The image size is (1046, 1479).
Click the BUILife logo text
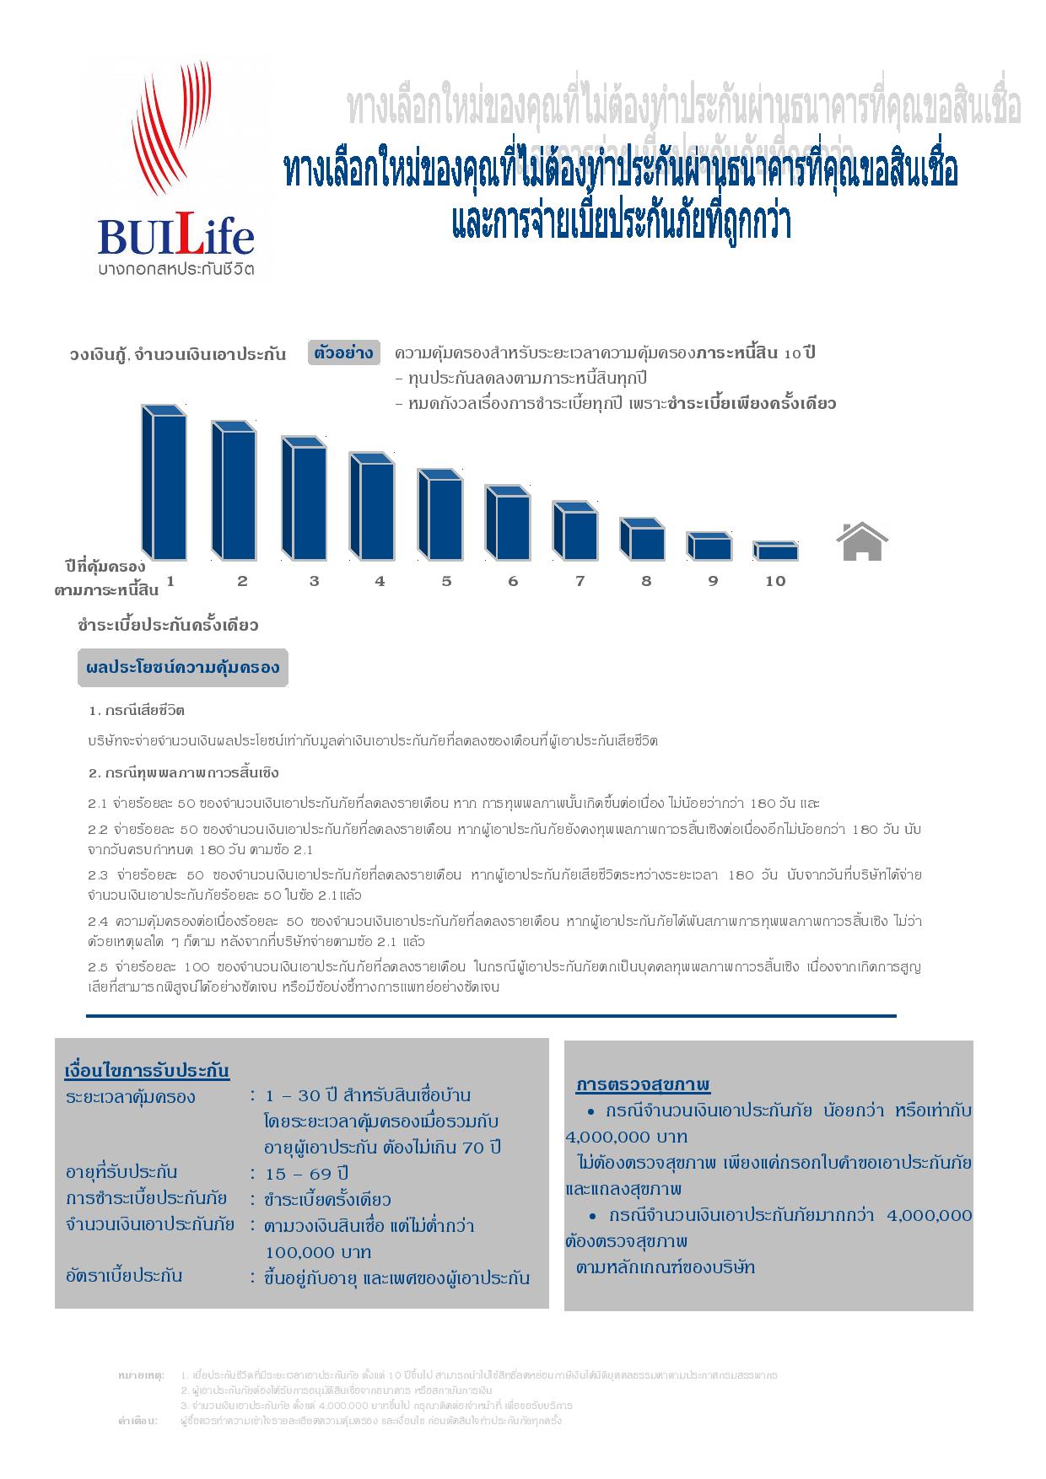coord(175,237)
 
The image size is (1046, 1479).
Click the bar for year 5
coord(440,515)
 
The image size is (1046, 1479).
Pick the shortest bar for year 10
coord(775,551)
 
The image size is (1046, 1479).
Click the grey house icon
coord(862,541)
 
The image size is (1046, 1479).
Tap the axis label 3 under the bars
coord(315,581)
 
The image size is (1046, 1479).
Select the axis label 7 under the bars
coord(580,581)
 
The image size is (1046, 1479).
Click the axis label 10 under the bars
coord(775,581)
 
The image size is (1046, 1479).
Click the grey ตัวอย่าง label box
coord(343,353)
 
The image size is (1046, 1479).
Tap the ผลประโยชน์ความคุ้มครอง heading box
coord(183,668)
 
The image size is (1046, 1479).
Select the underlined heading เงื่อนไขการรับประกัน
coord(147,1071)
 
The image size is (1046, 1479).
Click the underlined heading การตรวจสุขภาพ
coord(643,1084)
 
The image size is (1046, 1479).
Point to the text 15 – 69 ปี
coord(307,1174)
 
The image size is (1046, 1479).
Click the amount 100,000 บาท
coord(318,1252)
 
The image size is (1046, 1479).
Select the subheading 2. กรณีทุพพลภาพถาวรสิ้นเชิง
coord(183,772)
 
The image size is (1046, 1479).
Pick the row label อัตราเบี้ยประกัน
coord(124,1275)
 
